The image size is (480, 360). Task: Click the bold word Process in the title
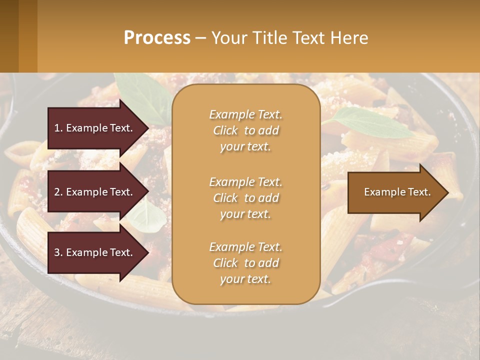point(157,38)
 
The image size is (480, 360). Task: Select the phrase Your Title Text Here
point(289,38)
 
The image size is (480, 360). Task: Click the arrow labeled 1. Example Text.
point(95,128)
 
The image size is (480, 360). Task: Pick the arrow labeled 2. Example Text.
point(95,192)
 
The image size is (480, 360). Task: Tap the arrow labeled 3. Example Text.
point(95,252)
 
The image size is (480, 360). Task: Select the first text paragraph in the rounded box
point(245,130)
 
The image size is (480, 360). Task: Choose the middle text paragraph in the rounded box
point(245,198)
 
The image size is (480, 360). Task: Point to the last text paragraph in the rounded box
point(245,263)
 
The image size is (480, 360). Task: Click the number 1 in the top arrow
point(57,128)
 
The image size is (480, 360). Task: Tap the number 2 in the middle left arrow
point(57,192)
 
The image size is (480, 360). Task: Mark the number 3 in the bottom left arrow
point(57,252)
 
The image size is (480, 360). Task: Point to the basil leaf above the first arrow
point(142,92)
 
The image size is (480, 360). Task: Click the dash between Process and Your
point(200,38)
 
